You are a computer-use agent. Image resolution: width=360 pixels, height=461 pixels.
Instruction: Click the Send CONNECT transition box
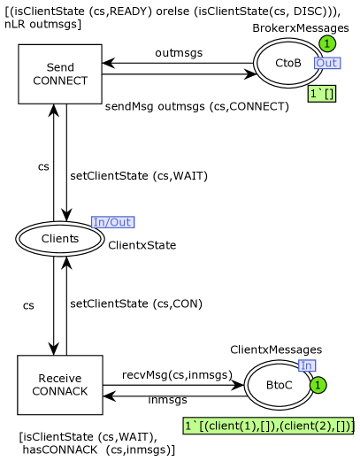(60, 74)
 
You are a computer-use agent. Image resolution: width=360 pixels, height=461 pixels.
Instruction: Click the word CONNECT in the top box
(60, 81)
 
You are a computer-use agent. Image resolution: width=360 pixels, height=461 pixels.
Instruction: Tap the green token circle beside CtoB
(326, 43)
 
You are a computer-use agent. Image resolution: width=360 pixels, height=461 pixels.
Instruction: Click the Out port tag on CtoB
(327, 63)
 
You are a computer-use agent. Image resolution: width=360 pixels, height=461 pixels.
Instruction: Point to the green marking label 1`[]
(322, 94)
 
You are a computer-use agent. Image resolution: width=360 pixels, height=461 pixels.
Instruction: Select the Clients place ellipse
(60, 239)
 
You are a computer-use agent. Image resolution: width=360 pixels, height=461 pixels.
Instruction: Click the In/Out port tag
(113, 222)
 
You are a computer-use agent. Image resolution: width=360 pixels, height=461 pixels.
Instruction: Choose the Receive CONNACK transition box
(60, 385)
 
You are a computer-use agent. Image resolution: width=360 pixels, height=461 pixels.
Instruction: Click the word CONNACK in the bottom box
(60, 391)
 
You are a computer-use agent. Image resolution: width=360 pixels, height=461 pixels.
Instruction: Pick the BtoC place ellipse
(279, 384)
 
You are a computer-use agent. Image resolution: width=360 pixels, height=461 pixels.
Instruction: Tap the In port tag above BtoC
(307, 365)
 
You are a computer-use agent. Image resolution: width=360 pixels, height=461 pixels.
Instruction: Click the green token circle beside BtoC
(318, 386)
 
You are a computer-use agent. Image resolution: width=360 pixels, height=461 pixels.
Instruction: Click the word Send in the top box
(60, 68)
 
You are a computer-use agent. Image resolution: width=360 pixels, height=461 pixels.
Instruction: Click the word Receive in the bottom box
(60, 379)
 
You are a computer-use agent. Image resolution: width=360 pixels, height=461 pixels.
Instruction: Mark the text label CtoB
(288, 63)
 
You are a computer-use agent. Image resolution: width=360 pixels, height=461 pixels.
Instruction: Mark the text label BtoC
(279, 385)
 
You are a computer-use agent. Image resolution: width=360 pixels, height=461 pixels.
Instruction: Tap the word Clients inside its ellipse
(60, 239)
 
